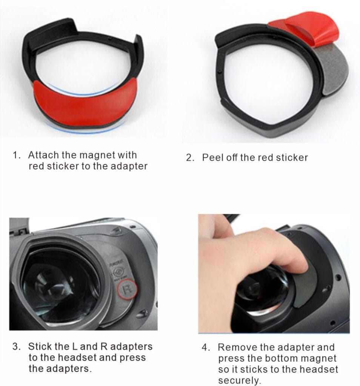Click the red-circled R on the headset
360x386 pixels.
(127, 289)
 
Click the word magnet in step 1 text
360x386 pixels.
(97, 155)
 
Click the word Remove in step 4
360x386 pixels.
(237, 347)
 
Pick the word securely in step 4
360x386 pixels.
(239, 380)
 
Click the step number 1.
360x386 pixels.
(16, 155)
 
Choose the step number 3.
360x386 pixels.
(16, 347)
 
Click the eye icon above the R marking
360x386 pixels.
(118, 272)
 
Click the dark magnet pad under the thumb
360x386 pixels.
(306, 286)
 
